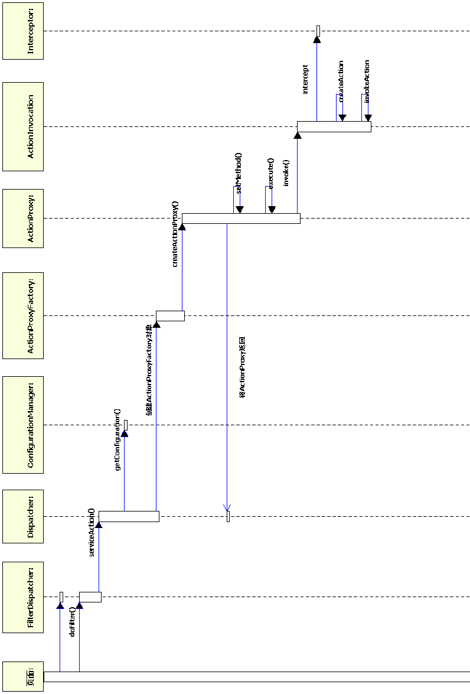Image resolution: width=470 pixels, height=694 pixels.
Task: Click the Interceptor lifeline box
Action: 23,31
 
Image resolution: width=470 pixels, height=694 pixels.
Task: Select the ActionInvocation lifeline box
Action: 23,126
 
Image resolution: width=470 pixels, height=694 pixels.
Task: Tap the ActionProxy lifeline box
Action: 23,218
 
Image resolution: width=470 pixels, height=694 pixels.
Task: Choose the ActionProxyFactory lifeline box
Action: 23,315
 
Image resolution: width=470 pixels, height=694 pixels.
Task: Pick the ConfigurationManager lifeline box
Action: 23,425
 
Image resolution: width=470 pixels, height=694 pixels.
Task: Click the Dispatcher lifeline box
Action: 23,516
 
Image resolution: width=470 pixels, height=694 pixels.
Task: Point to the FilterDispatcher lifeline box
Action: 23,597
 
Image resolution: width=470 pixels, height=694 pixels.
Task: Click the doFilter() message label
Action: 72,621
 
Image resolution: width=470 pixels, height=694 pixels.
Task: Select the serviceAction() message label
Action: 92,532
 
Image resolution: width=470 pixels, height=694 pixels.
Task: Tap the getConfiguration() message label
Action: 117,439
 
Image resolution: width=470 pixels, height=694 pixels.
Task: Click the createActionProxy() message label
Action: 175,234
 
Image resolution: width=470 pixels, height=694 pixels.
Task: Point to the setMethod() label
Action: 239,173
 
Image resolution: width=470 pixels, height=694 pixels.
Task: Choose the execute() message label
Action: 270,173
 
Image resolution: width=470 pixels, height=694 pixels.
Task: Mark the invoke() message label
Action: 286,173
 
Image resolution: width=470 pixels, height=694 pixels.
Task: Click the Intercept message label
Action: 305,80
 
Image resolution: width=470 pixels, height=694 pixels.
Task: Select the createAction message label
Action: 341,81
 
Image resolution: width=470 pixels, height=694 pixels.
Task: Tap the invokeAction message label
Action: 367,81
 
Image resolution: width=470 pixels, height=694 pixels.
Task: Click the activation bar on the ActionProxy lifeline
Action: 241,219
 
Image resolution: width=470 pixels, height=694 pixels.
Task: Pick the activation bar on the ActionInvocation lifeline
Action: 334,126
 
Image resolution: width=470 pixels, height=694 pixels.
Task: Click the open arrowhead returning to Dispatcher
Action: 227,507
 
